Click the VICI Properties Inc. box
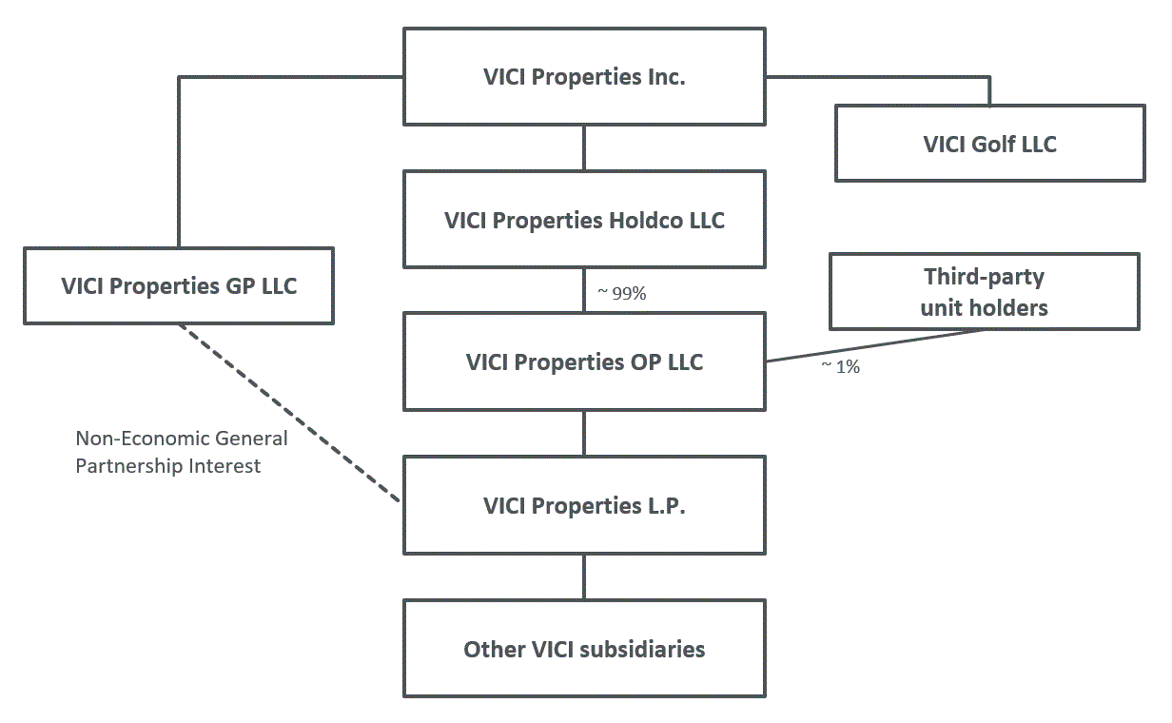584,77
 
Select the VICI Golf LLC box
989,144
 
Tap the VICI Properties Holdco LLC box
584,220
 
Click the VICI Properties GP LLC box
179,285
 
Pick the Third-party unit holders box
984,292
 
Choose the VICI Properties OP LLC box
584,362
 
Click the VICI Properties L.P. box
584,505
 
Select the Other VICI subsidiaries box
584,649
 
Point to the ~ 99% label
622,294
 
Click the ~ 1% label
840,366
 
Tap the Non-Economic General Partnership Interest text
181,452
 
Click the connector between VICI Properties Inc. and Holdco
584,147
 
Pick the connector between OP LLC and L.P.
584,433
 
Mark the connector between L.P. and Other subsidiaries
584,576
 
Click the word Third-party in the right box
984,277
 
